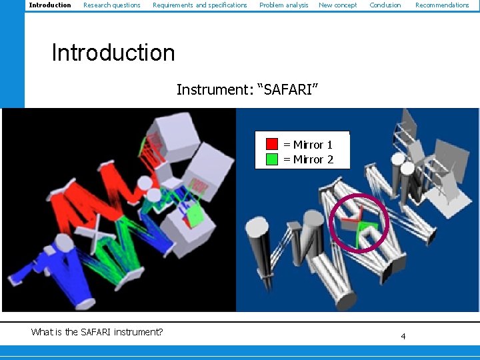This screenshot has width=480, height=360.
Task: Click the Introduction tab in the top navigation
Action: point(50,5)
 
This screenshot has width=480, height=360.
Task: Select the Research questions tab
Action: point(111,5)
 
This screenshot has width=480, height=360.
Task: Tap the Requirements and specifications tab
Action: point(199,5)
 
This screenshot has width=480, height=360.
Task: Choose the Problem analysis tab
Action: point(283,5)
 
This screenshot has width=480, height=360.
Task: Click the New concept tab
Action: point(337,5)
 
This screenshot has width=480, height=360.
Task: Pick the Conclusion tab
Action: point(385,5)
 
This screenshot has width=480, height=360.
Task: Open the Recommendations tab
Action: point(442,5)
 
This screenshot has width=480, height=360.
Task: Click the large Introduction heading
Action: point(113,53)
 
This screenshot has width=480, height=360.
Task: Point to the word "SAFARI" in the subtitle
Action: point(288,89)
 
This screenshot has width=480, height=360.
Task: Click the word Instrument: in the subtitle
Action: point(213,89)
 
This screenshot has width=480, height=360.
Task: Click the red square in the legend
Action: point(272,144)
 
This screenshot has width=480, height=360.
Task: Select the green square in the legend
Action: point(272,159)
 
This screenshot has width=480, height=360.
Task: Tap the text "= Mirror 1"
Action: point(308,145)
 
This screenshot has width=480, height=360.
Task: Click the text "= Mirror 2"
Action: point(308,159)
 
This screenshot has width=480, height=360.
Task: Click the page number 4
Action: point(403,336)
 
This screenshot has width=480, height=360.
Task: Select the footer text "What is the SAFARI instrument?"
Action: point(97,332)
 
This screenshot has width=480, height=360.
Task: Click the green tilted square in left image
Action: point(194,214)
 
